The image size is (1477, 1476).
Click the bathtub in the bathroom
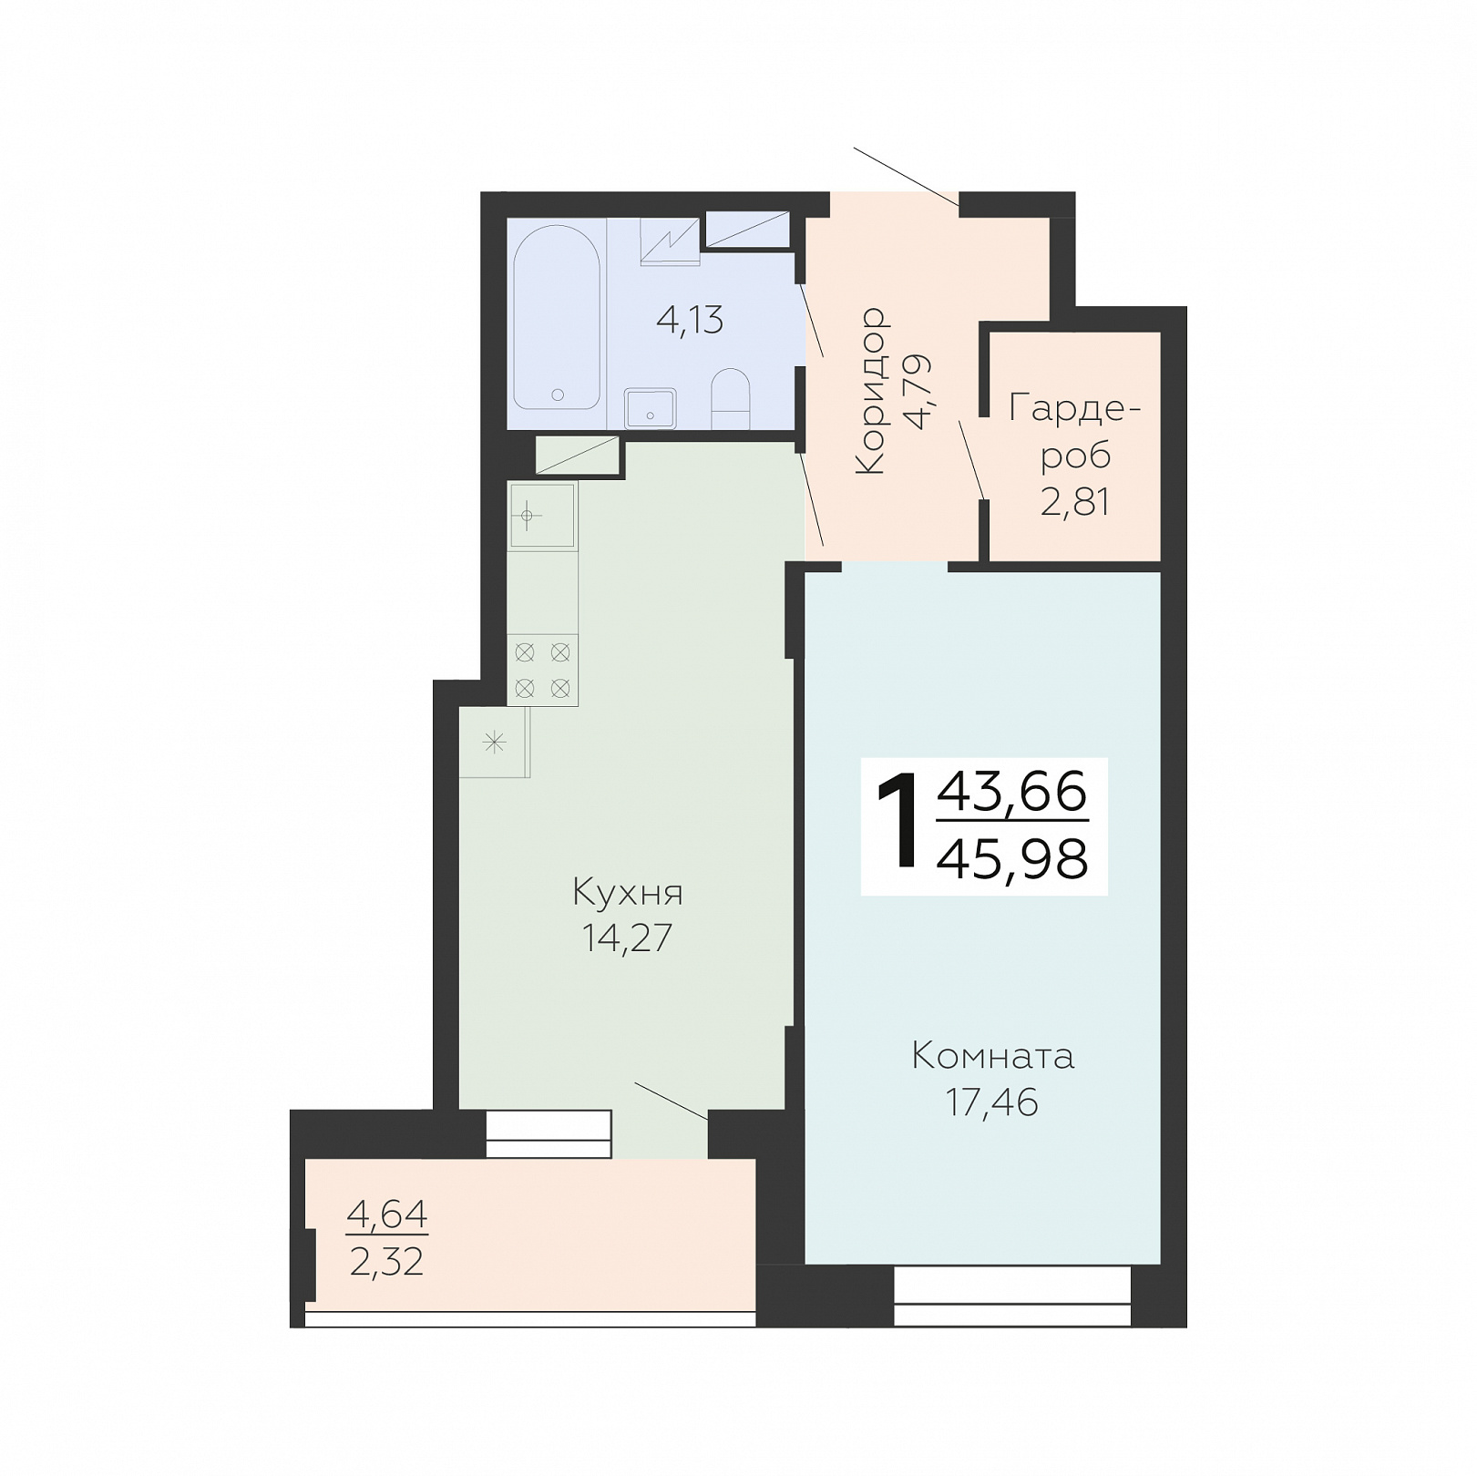[557, 317]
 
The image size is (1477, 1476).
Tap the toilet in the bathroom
[730, 398]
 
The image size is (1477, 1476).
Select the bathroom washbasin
[650, 408]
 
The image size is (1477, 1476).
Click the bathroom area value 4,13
[690, 320]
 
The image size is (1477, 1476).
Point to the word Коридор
[871, 390]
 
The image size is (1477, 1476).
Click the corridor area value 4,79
[918, 391]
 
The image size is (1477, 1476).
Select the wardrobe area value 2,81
[1075, 502]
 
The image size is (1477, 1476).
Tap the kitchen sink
[542, 517]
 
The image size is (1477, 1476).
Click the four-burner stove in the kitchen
[542, 670]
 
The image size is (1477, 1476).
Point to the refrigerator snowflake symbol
[494, 743]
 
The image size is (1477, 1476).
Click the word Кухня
[628, 893]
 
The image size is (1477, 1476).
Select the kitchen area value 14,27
[627, 938]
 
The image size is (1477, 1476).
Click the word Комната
[993, 1056]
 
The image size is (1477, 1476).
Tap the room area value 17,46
[991, 1102]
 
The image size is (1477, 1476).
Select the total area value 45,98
[1012, 858]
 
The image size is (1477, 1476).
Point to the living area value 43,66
[1012, 791]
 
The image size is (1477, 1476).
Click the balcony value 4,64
[387, 1215]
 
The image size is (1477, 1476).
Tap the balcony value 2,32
[386, 1262]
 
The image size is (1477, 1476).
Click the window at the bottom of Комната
[1012, 1296]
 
